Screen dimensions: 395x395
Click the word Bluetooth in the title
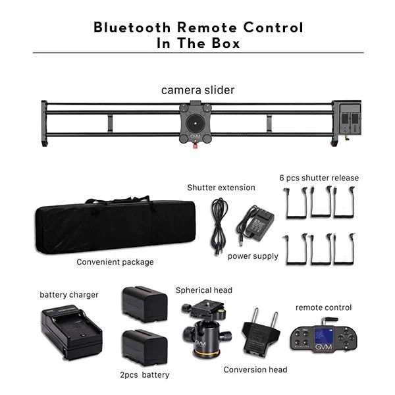pyautogui.click(x=132, y=27)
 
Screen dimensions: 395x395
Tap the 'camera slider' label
pyautogui.click(x=197, y=90)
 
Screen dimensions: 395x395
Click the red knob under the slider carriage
pyautogui.click(x=195, y=145)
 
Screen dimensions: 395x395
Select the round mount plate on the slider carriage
pyautogui.click(x=196, y=123)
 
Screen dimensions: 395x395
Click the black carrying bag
pyautogui.click(x=115, y=224)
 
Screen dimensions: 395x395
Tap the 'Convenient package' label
pyautogui.click(x=115, y=262)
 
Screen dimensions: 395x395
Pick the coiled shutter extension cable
pyautogui.click(x=219, y=226)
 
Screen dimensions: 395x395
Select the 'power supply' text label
pyautogui.click(x=253, y=256)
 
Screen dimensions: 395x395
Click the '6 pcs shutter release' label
pyautogui.click(x=319, y=178)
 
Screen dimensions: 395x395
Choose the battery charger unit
pyautogui.click(x=72, y=332)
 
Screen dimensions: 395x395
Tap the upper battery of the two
pyautogui.click(x=145, y=304)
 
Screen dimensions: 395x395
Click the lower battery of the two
pyautogui.click(x=145, y=348)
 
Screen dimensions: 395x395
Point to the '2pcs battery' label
pyautogui.click(x=145, y=375)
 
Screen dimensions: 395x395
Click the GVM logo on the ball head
pyautogui.click(x=200, y=343)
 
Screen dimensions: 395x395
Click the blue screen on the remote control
pyautogui.click(x=324, y=336)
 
